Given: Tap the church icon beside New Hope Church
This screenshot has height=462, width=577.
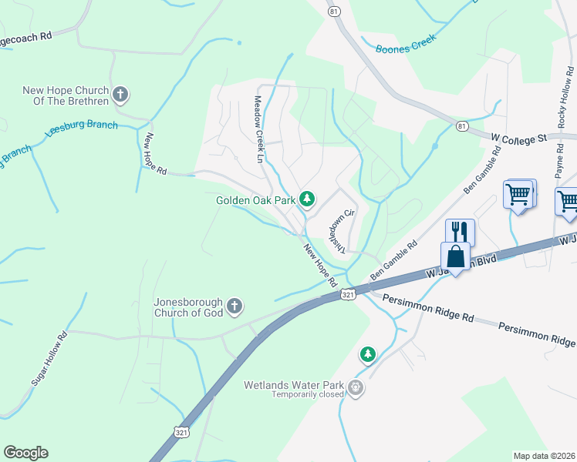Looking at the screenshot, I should [x=120, y=95].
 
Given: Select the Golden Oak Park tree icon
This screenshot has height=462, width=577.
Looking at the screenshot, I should [x=307, y=200].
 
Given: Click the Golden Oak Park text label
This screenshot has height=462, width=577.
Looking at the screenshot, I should [x=255, y=201].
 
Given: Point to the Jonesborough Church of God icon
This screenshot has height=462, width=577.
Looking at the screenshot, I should [x=235, y=307].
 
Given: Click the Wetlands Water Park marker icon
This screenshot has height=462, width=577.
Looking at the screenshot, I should [x=355, y=387].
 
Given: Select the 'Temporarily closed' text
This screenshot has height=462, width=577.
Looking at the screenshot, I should [x=307, y=395].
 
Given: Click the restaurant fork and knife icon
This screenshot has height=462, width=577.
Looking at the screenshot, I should [x=460, y=232].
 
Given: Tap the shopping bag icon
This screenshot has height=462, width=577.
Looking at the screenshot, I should [x=456, y=256].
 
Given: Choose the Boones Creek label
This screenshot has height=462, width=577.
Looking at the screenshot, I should [x=406, y=43].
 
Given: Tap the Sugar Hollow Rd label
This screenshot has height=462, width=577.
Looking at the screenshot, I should [x=49, y=360].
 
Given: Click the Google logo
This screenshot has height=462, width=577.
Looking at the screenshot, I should [x=25, y=452].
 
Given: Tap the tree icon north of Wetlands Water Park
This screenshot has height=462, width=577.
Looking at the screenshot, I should [x=368, y=354].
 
